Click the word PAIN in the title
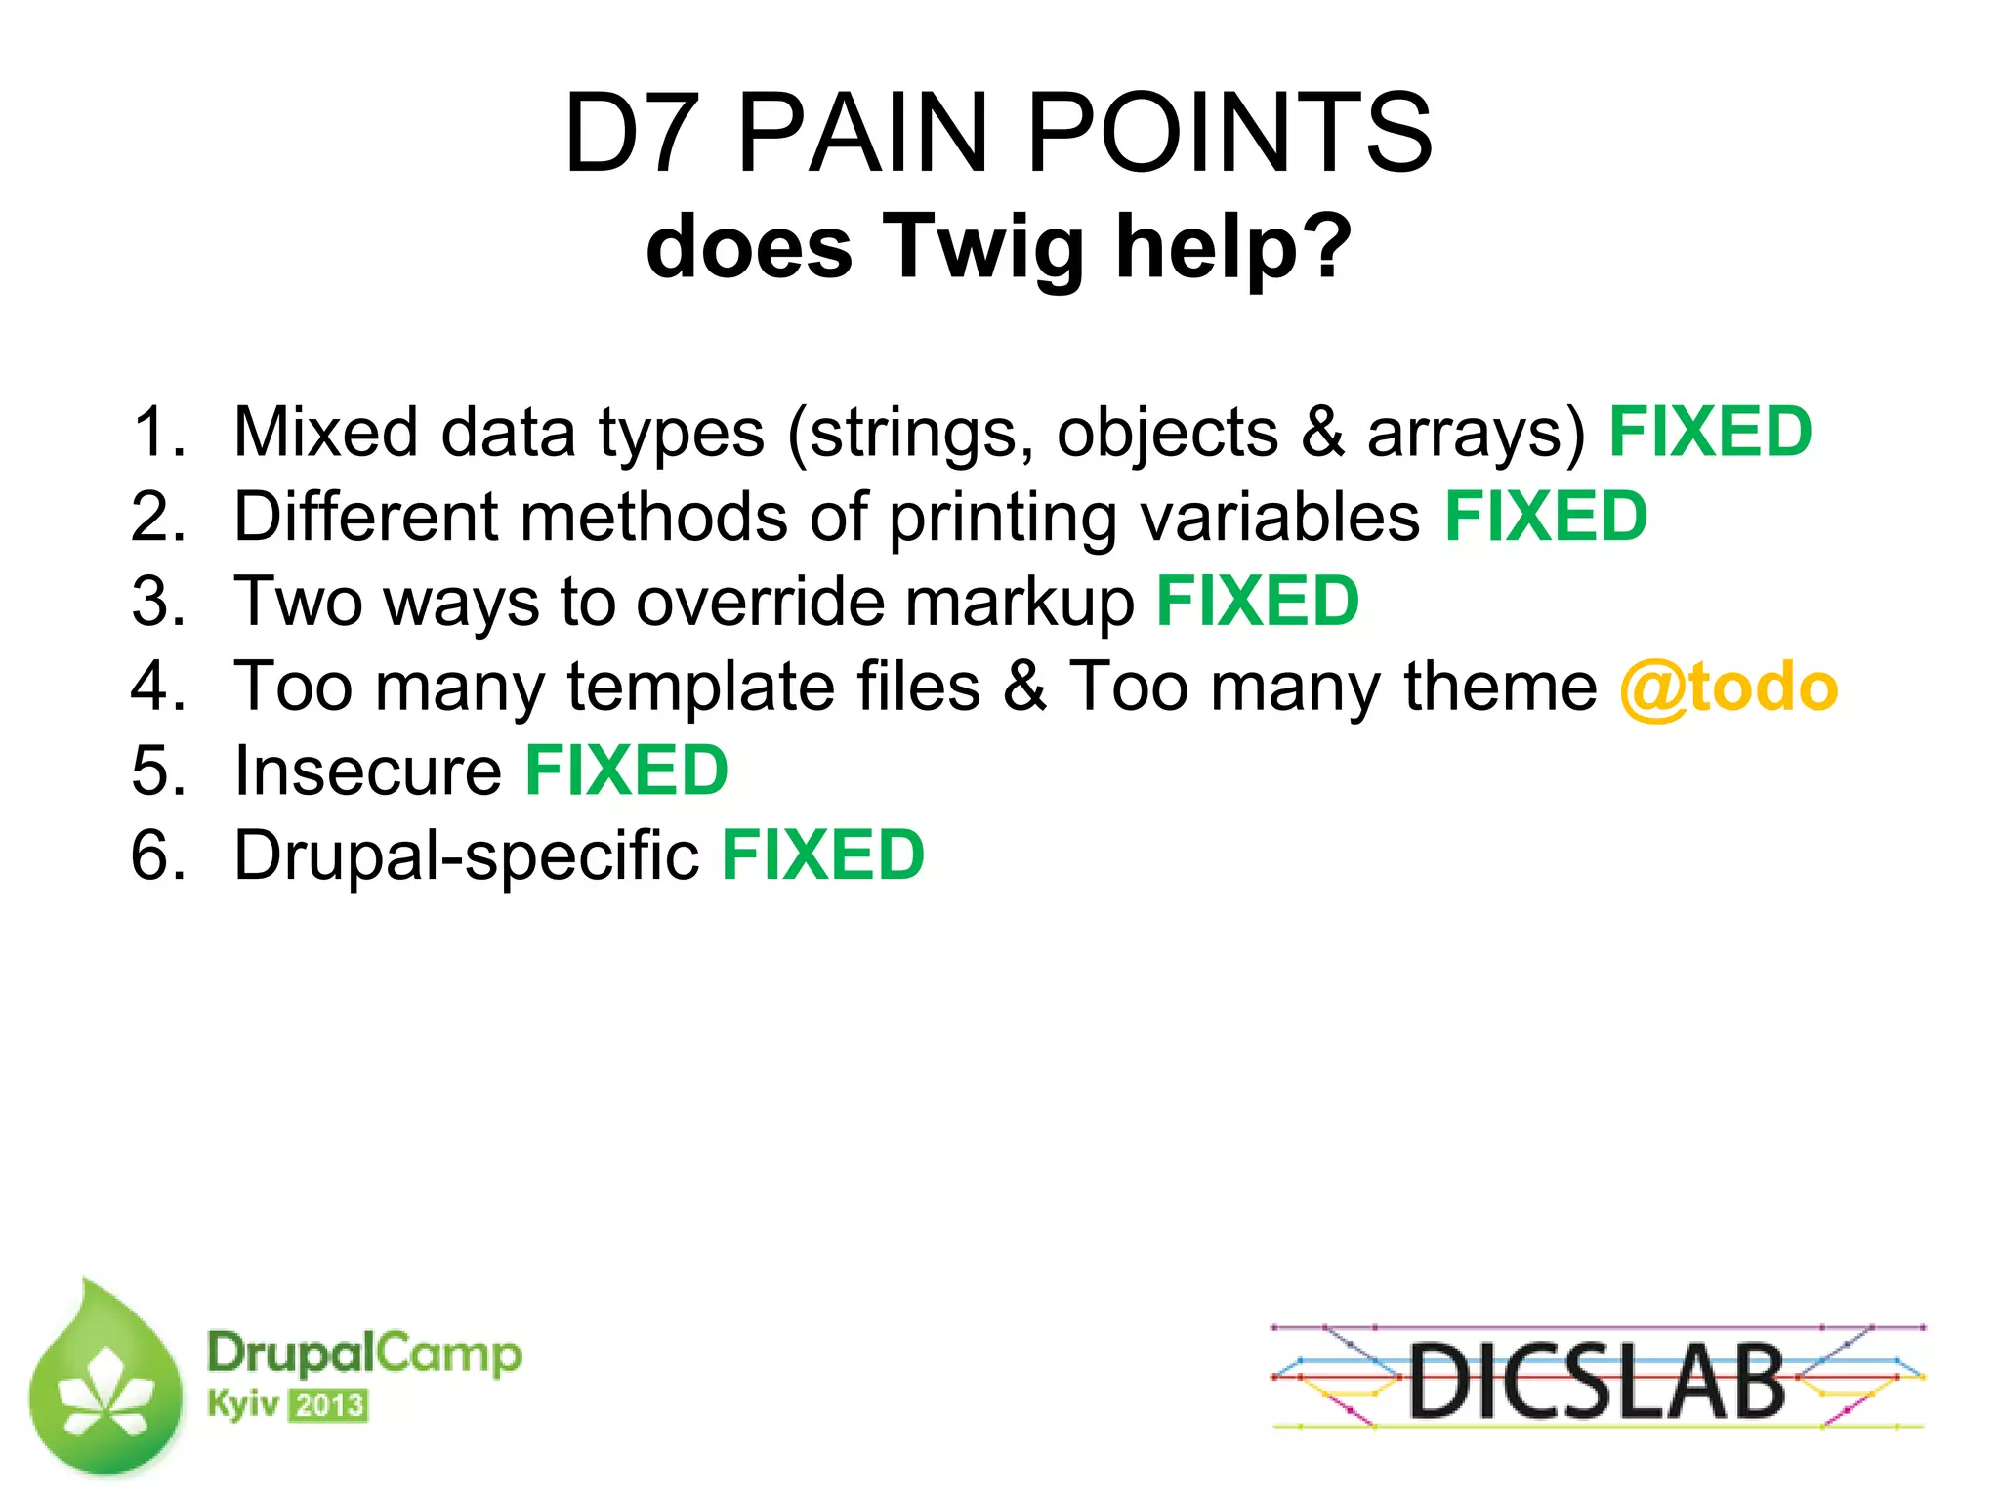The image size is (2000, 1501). pos(863,134)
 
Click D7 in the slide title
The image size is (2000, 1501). pos(632,134)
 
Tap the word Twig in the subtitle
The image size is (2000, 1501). pos(984,248)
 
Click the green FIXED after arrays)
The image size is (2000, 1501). pos(1710,433)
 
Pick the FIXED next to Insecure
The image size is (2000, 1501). pos(627,771)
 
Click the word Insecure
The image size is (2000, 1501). pos(368,771)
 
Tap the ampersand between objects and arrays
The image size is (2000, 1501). pos(1322,433)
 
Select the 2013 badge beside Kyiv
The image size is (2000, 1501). pos(329,1406)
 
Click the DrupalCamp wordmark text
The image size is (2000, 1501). pos(364,1355)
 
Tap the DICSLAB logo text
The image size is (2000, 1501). pos(1596,1381)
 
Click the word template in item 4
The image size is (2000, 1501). pos(700,688)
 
